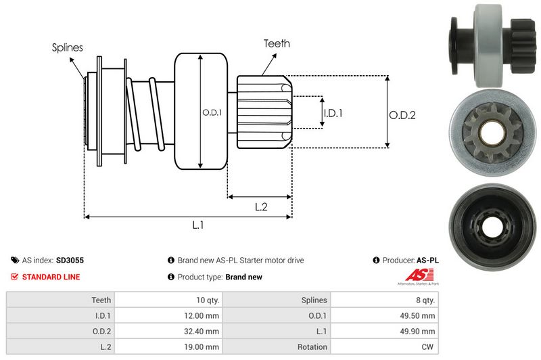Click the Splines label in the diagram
point(67,47)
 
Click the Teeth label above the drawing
point(277,43)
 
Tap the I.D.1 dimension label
point(333,113)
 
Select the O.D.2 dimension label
point(402,115)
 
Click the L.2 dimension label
point(262,207)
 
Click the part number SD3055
point(70,260)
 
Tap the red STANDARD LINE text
point(51,277)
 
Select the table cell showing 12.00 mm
point(169,315)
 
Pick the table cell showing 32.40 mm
point(169,331)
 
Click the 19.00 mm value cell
point(169,346)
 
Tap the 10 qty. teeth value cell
point(169,300)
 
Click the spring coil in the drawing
point(145,112)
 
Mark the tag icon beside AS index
point(14,260)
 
